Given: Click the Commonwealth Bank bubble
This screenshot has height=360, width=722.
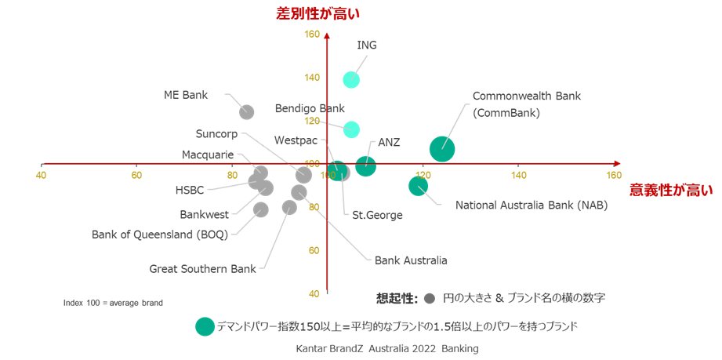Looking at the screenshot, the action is point(442,149).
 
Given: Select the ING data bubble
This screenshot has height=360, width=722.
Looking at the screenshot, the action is point(351,80).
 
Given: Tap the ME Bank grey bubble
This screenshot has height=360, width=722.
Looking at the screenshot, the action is point(247,112).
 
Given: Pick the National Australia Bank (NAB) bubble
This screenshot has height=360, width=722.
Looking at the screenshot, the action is point(418,186).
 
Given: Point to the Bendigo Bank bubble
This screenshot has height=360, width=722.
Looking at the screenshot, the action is point(351,129).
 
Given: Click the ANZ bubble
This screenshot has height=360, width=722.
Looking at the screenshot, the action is point(366,166).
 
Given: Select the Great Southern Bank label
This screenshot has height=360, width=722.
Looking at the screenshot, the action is point(202,269).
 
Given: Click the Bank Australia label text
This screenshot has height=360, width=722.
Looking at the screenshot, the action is point(411,260).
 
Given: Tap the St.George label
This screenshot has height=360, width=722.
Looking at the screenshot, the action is point(377,215).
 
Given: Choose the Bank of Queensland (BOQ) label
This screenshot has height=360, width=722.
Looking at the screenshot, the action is point(160,235).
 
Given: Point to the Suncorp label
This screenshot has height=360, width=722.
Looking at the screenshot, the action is point(216,134).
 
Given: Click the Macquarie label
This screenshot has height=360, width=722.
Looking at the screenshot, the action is point(208,155).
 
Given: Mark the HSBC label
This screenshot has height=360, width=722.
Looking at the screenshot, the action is point(190,190).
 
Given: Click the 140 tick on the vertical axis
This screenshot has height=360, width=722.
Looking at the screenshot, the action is point(312,78).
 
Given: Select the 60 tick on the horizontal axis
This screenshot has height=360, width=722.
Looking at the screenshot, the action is point(136,175).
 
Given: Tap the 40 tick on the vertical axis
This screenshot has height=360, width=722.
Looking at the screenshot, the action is point(314,294).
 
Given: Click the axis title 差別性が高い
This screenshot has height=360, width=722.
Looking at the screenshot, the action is point(317,13).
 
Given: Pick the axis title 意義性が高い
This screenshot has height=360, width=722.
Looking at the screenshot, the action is point(671,191).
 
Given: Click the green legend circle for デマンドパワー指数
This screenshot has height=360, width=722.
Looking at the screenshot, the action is point(205,326).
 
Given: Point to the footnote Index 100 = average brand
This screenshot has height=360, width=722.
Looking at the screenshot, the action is point(113,304).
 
